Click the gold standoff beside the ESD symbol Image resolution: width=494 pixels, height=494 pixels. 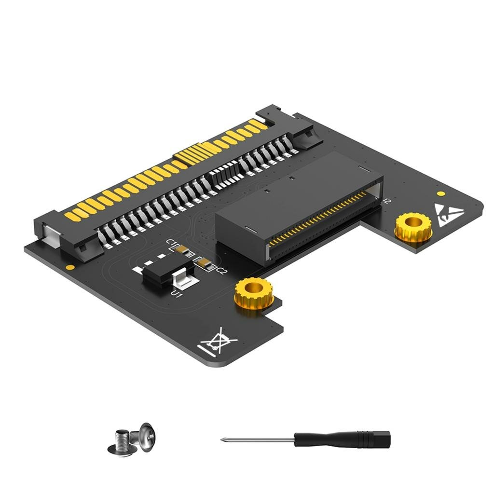pos(413,226)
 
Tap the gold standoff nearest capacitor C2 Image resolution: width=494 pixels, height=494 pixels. pos(254,292)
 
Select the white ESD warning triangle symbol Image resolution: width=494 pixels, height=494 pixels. pos(449,214)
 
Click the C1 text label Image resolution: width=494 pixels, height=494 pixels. pos(171,244)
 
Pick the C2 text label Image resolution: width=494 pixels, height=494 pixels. pos(221,272)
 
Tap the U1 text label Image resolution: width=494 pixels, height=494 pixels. pos(177,292)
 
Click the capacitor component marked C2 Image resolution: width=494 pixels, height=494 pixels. pos(205,264)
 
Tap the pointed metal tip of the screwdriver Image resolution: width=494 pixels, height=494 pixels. pos(223,439)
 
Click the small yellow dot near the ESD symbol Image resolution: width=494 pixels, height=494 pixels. pos(440,193)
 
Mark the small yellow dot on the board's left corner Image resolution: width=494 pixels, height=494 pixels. pos(70,267)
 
